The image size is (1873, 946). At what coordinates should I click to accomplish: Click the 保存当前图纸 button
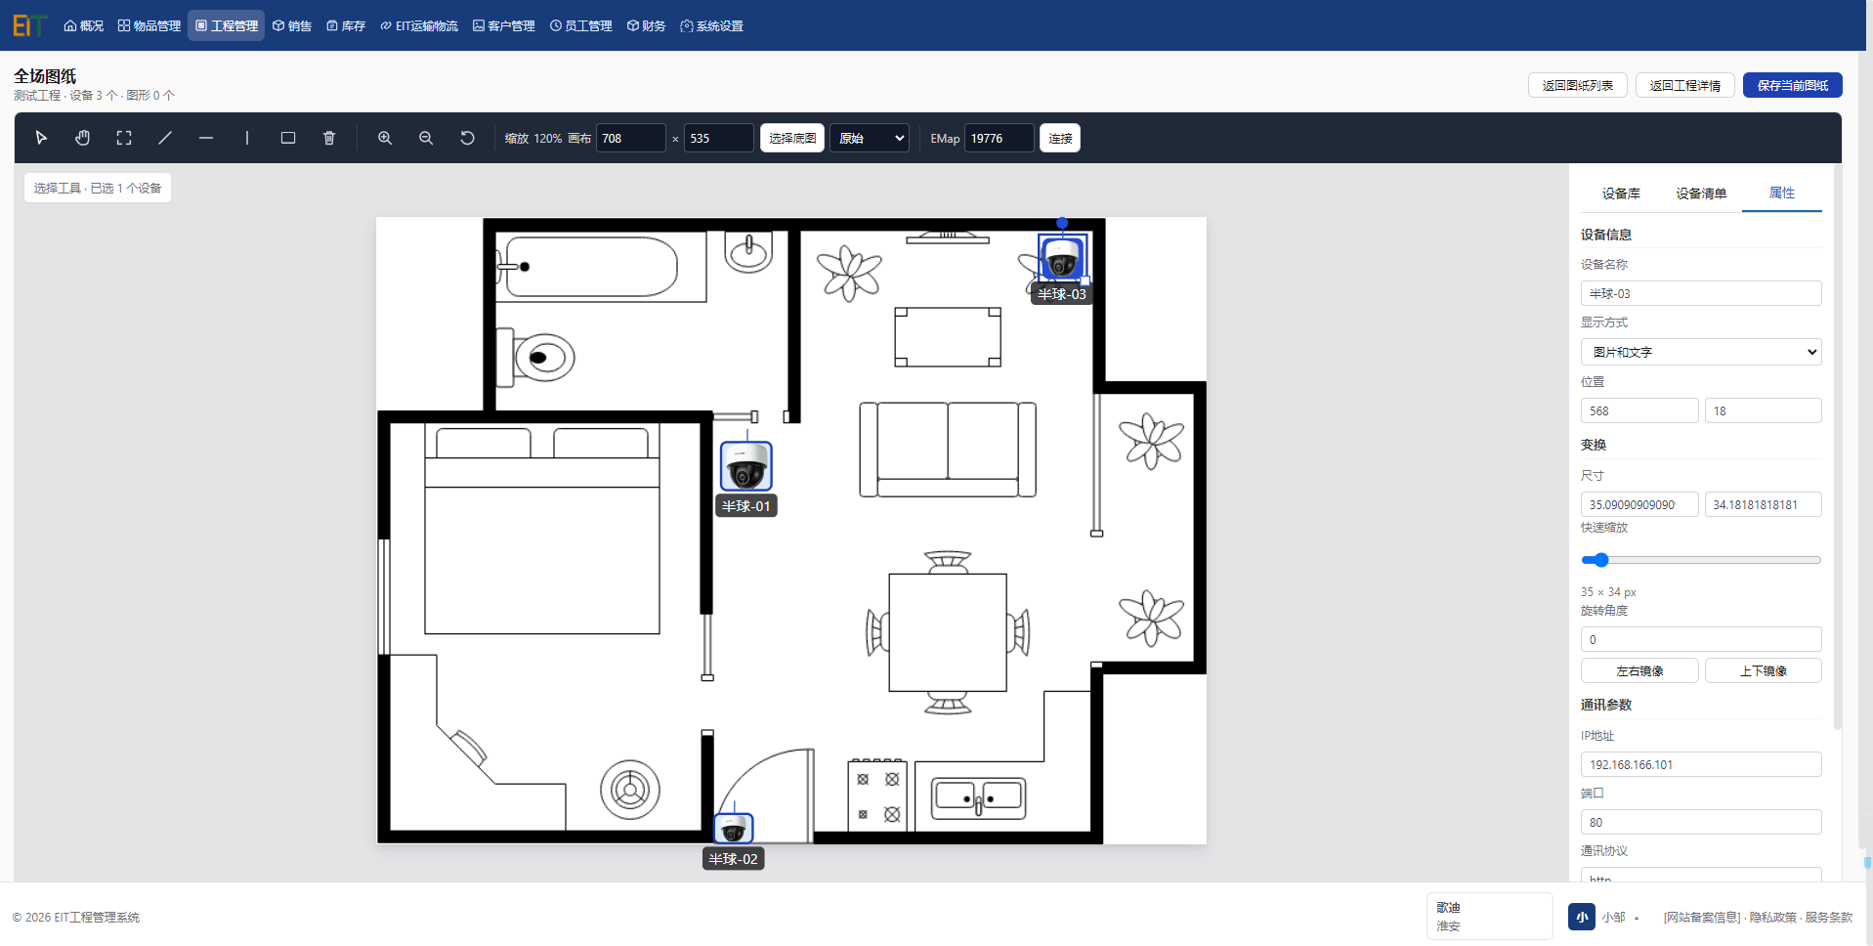(x=1792, y=85)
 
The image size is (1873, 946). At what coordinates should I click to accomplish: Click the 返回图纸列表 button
(x=1577, y=85)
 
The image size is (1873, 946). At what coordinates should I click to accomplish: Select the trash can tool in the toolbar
(x=329, y=138)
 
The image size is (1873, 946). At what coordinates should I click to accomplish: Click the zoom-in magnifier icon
(x=385, y=138)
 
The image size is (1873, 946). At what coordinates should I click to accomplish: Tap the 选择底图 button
(x=791, y=138)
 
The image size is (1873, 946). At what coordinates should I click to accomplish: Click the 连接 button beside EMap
(x=1060, y=138)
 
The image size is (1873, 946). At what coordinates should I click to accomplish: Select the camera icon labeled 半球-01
(x=745, y=466)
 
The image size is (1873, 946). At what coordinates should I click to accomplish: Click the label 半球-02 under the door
(x=733, y=859)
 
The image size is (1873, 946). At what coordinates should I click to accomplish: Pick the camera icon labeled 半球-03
(x=1062, y=257)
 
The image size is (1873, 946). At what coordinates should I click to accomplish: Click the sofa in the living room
(x=947, y=450)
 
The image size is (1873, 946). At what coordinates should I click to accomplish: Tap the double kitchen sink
(x=978, y=798)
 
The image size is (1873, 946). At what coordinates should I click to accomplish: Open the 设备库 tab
(x=1621, y=193)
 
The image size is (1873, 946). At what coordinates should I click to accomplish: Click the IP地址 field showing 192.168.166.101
(x=1700, y=764)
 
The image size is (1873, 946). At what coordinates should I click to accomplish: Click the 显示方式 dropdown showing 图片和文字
(x=1700, y=352)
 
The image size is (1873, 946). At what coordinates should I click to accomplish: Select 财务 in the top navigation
(x=647, y=25)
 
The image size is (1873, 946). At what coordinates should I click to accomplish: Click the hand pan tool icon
(x=83, y=138)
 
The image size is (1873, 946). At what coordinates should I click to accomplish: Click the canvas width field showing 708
(x=631, y=138)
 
